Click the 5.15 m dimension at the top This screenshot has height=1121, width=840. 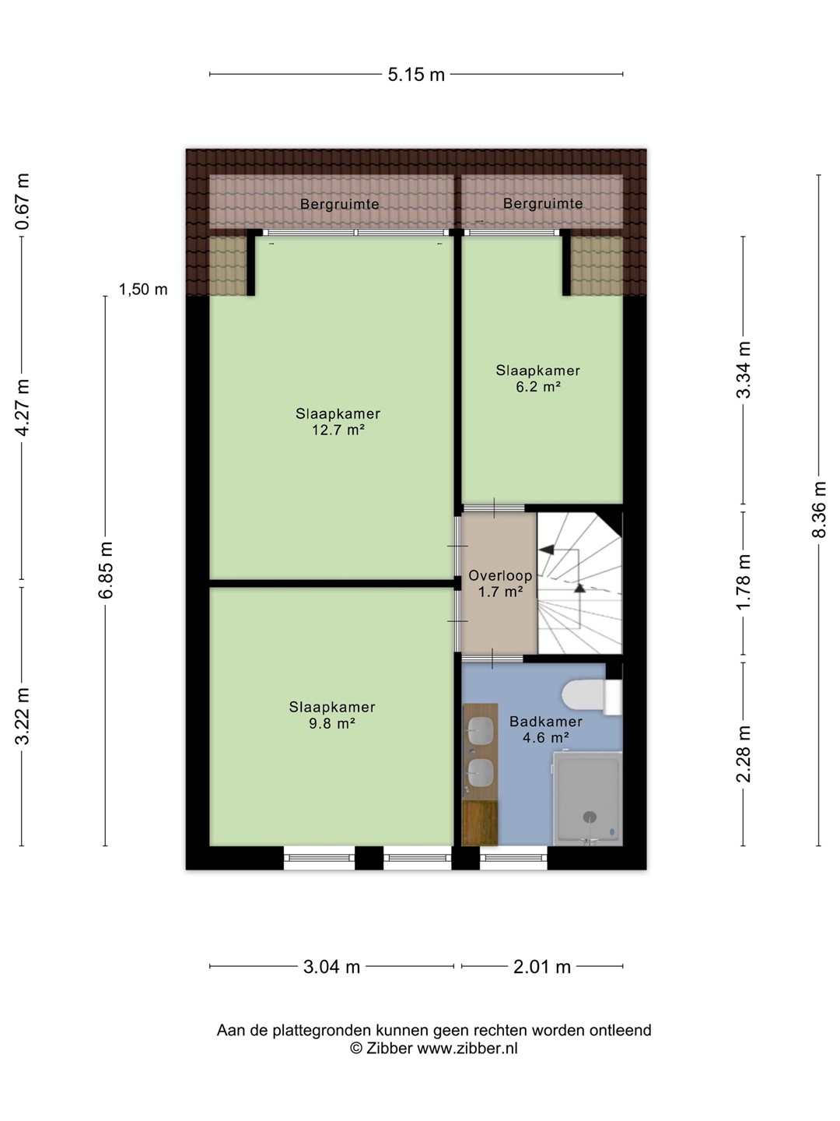pos(416,75)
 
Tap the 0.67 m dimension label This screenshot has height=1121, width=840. pos(23,201)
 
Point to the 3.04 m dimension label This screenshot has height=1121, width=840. pos(331,966)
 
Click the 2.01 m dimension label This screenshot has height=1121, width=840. pos(541,966)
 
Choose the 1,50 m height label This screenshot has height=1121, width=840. pos(143,290)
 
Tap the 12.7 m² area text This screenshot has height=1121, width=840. pos(338,430)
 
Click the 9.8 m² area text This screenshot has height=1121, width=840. pos(332,723)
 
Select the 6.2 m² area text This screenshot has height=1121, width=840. pos(538,387)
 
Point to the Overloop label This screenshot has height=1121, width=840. pos(500,575)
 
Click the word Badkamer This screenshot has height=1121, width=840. pos(546,722)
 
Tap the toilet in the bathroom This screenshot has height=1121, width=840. pos(592,697)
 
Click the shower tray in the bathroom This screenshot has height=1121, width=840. pos(587,798)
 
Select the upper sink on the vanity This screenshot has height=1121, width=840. pos(481,731)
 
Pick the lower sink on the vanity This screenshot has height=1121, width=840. pos(481,773)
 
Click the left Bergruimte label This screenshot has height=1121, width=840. pos(340,204)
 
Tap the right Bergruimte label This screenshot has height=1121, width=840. pos(543,204)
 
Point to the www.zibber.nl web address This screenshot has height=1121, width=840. pos(467,1049)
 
